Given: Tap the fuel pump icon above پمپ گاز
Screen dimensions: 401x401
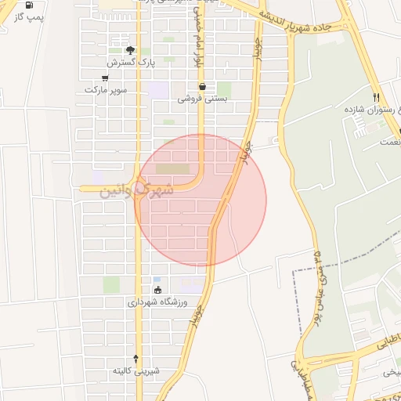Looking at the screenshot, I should point(29,5).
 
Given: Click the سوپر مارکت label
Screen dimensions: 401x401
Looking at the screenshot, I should point(106,90).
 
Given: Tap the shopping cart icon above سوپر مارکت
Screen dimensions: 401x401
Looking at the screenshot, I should point(105,78).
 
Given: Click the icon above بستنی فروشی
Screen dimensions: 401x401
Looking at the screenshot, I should point(202,87).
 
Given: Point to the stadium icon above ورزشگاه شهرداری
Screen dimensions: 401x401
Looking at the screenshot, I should point(158,291).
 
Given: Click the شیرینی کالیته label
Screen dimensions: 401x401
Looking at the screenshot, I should point(136,370).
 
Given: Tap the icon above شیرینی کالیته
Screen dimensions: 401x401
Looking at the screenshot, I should point(136,359).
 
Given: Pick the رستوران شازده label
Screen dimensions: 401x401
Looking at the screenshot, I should point(367,110).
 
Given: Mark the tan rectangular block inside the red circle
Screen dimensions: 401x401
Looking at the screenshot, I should point(173,168).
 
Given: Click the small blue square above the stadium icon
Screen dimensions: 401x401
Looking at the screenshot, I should point(157,280).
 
